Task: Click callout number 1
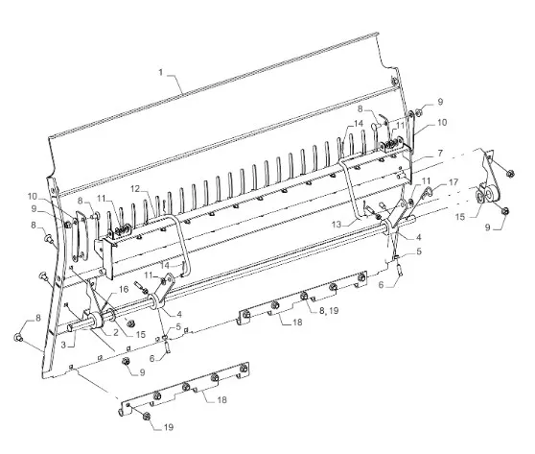point(161,72)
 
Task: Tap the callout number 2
point(116,332)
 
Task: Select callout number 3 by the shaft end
point(63,345)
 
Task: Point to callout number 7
point(440,153)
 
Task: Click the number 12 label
point(135,188)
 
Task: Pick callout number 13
point(337,225)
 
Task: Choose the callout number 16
point(124,289)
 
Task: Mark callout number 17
point(454,182)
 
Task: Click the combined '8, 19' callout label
point(329,311)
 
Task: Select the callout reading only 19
point(169,427)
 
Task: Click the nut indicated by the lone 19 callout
point(147,416)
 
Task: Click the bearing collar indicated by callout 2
point(97,322)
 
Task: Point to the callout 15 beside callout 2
point(141,335)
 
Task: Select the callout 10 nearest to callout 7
point(442,122)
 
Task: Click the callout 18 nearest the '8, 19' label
point(297,323)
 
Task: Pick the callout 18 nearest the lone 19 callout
point(222,399)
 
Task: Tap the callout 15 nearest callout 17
point(460,217)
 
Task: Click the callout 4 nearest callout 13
point(418,237)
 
